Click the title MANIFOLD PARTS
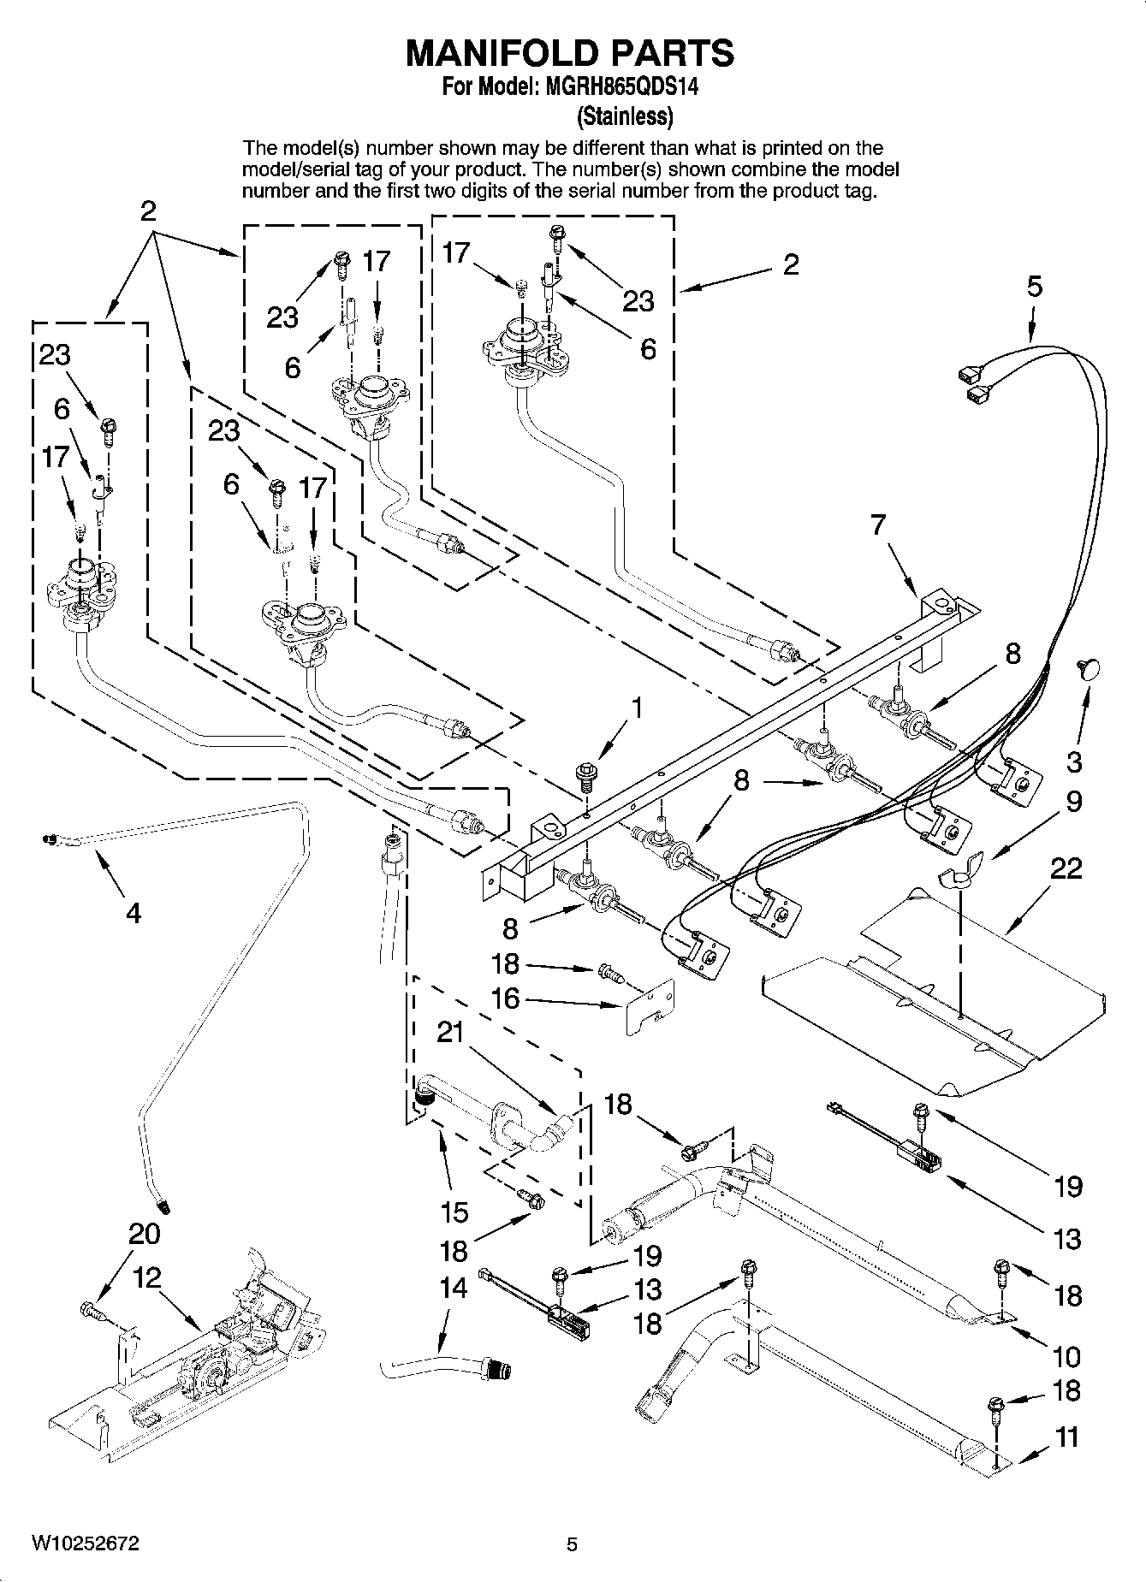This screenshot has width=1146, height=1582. coord(569,53)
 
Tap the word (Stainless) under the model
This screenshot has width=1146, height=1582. coord(625,115)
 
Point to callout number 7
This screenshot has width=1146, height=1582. coord(878,524)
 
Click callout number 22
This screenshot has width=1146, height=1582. coord(1066,868)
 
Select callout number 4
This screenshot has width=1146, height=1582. coord(133,913)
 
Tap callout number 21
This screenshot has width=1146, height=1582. coord(450,1033)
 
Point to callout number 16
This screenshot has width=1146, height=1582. coord(505,998)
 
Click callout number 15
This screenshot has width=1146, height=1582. coord(454,1212)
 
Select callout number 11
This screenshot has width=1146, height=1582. coord(1066,1437)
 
